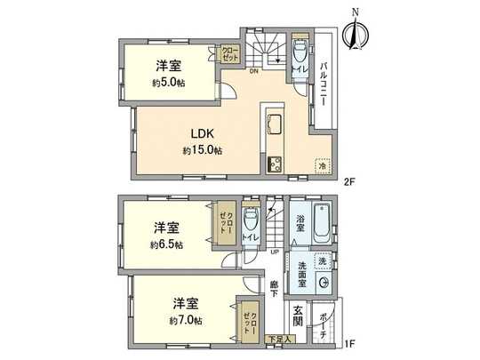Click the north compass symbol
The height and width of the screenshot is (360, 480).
pos(356,34)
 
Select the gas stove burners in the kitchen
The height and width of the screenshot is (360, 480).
pos(273,163)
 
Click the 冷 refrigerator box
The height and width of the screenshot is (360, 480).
pos(321,164)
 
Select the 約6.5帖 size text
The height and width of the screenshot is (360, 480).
pos(166,244)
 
